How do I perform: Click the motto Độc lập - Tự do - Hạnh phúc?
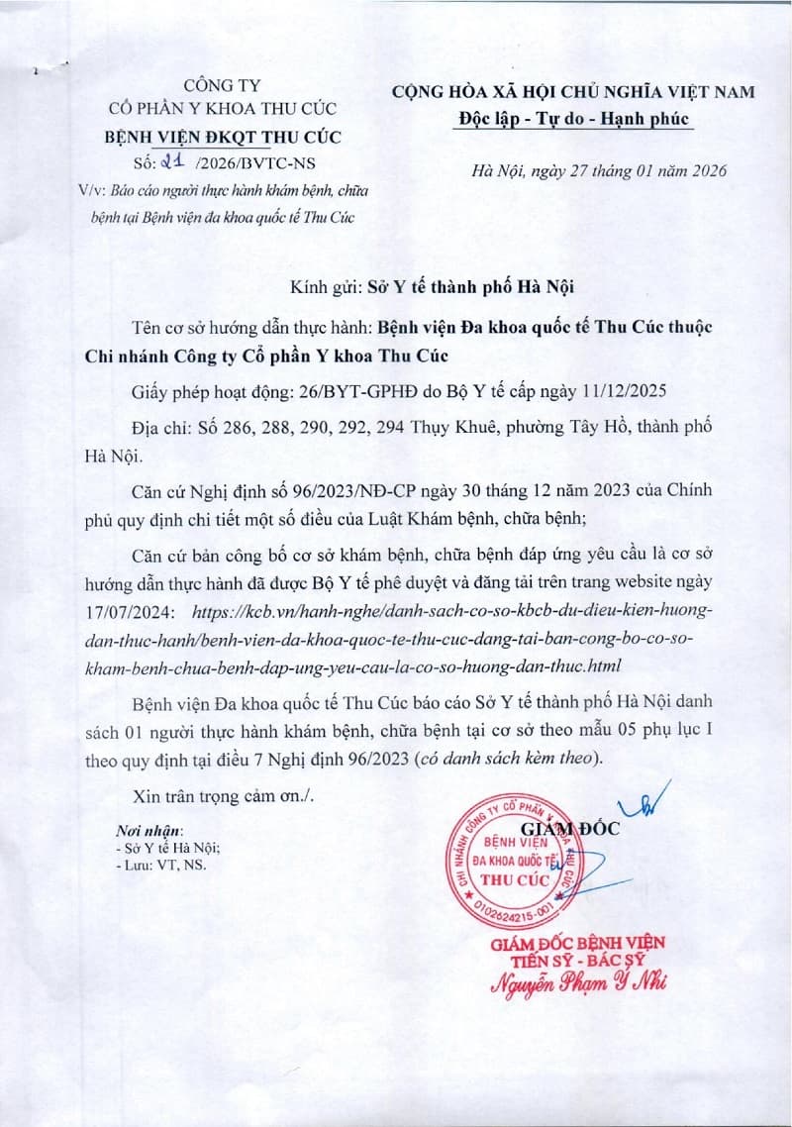tap(573, 119)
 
